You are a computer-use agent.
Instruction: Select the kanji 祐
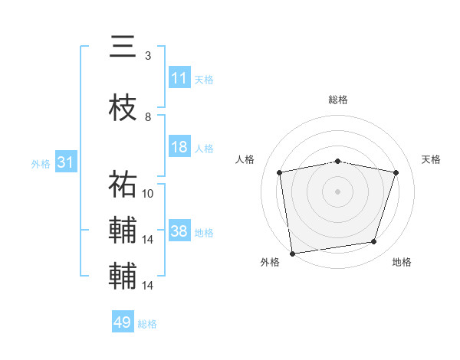pyautogui.click(x=123, y=184)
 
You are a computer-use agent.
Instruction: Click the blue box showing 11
pyautogui.click(x=179, y=78)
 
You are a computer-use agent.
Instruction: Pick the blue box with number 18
pyautogui.click(x=179, y=147)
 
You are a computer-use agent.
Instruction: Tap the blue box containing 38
pyautogui.click(x=179, y=231)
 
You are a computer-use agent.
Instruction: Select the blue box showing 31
pyautogui.click(x=65, y=162)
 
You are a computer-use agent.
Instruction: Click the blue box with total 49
pyautogui.click(x=123, y=322)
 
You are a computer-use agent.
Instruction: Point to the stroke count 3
pyautogui.click(x=148, y=56)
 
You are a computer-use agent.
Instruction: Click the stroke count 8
pyautogui.click(x=148, y=117)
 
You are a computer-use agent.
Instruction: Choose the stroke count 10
pyautogui.click(x=148, y=193)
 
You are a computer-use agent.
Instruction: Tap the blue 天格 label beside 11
pyautogui.click(x=204, y=79)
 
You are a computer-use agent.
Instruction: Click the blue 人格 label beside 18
pyautogui.click(x=204, y=148)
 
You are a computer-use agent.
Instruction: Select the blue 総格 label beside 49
pyautogui.click(x=147, y=324)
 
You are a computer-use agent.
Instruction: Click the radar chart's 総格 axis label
pyautogui.click(x=338, y=100)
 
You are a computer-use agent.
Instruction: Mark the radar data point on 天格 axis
pyautogui.click(x=396, y=172)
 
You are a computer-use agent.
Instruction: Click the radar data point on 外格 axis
pyautogui.click(x=292, y=252)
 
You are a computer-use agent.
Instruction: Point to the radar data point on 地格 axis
pyautogui.click(x=374, y=241)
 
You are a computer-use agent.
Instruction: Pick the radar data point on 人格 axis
pyautogui.click(x=280, y=172)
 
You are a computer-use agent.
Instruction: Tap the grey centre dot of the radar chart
pyautogui.click(x=338, y=191)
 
